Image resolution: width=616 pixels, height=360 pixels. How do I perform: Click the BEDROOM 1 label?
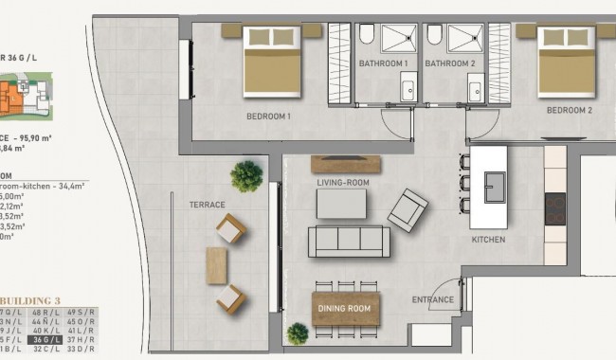(x=268, y=117)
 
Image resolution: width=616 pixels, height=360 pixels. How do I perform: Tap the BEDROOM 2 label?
(x=569, y=110)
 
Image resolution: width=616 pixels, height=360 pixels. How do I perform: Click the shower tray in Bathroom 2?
(x=465, y=39)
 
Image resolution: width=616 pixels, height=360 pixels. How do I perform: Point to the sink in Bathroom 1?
(x=408, y=89)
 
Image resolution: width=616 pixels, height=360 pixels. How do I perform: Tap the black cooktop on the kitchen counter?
(x=554, y=208)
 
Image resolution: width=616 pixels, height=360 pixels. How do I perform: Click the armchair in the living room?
(x=408, y=207)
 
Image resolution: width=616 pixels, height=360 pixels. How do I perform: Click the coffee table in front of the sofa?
(x=341, y=203)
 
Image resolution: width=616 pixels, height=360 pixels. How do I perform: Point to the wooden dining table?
(x=346, y=308)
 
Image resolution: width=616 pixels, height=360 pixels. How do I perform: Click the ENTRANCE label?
(x=433, y=300)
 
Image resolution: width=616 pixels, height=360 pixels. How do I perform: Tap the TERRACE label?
(x=207, y=205)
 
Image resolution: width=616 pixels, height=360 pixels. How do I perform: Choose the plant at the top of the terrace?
(x=246, y=175)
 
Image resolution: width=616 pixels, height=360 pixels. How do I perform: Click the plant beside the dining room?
(x=298, y=333)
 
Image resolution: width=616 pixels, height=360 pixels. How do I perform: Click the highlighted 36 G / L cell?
(x=44, y=339)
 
